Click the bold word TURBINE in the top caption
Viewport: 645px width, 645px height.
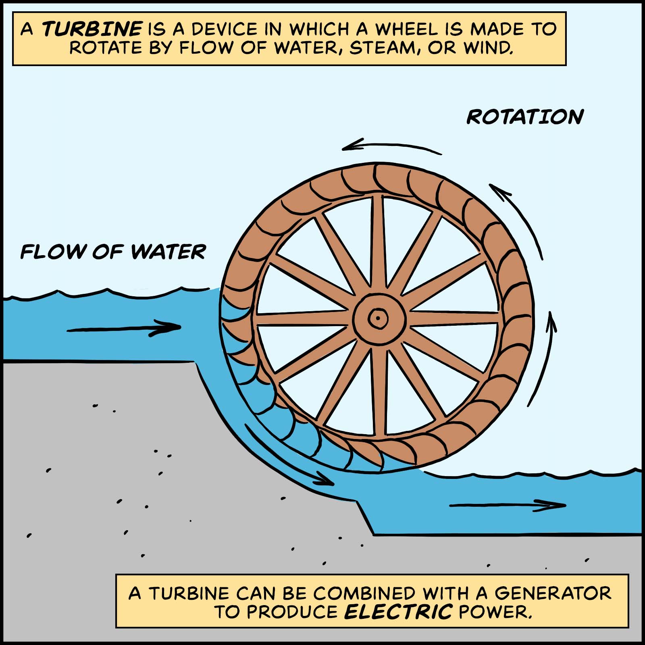click(x=92, y=29)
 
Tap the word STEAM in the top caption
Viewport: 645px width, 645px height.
click(x=381, y=48)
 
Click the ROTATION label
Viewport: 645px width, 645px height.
click(x=525, y=117)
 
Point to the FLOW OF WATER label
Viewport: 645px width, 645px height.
click(x=113, y=252)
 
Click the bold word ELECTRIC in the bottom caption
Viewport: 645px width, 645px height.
click(x=398, y=612)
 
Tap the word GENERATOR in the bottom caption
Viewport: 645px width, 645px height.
click(x=553, y=593)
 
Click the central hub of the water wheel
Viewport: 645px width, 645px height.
click(x=378, y=318)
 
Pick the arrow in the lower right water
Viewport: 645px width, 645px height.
click(x=508, y=505)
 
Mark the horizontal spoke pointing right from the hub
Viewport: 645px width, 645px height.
click(x=454, y=318)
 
